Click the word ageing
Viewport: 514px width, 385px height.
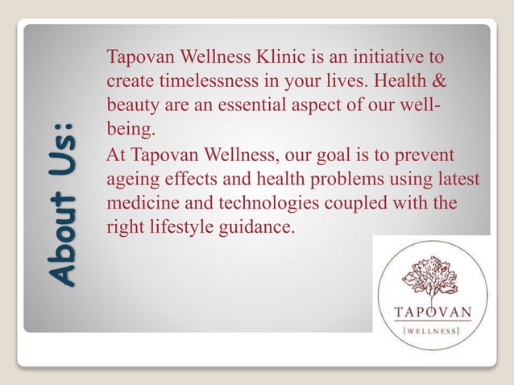(x=131, y=179)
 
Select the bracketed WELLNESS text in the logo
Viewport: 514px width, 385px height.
(x=433, y=330)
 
